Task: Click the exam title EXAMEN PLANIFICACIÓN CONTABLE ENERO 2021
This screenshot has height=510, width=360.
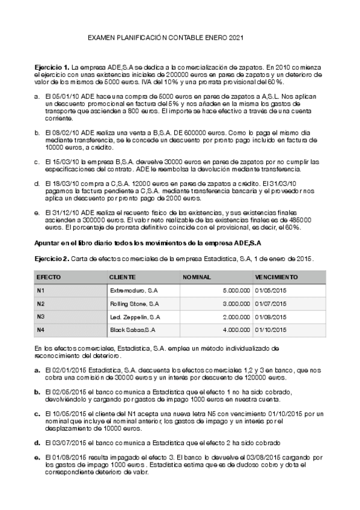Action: [x=165, y=37]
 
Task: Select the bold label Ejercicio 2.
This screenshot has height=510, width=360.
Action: [x=52, y=258]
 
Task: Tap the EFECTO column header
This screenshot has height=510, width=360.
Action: [x=49, y=277]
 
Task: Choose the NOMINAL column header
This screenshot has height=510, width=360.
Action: [x=196, y=277]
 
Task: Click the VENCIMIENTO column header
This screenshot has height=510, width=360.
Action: [x=276, y=277]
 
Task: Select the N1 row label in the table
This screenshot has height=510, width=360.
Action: [x=41, y=290]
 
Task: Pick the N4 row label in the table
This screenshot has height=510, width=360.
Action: [x=41, y=330]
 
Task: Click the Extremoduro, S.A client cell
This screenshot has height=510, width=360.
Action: [x=134, y=290]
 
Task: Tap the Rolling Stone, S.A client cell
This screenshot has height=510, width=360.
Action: [x=135, y=304]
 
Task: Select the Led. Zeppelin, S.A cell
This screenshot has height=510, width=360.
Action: [x=135, y=317]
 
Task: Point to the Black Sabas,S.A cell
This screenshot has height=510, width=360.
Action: [x=133, y=330]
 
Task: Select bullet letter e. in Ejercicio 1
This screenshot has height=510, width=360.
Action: [x=37, y=212]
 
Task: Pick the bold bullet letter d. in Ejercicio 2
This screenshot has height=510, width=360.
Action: [x=37, y=443]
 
